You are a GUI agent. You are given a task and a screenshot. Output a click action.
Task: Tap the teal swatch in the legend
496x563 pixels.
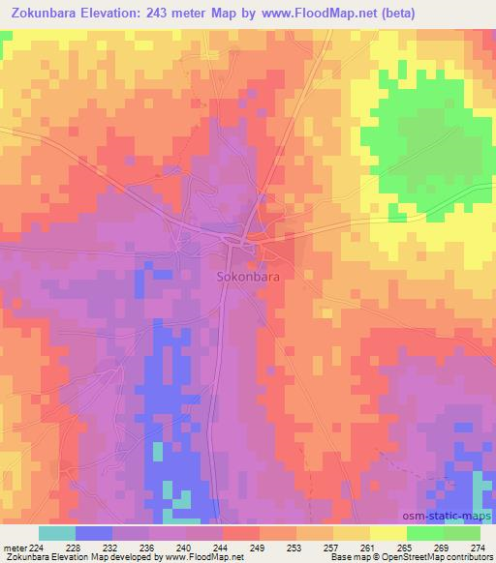pos(57,533)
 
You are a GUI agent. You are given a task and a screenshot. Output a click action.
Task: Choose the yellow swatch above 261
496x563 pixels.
pos(352,533)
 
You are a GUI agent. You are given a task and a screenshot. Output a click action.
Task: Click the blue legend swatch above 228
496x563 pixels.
pos(94,533)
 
